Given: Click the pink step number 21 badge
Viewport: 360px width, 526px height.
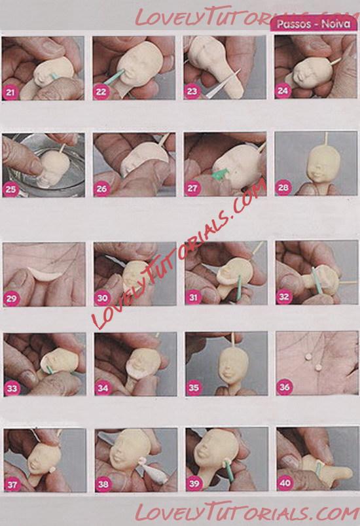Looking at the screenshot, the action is (x=10, y=92).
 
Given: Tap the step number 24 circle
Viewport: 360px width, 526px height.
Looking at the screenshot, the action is (x=283, y=90).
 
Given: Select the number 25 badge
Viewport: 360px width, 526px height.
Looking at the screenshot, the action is (x=10, y=189).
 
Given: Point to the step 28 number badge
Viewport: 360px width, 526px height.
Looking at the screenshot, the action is (x=283, y=188).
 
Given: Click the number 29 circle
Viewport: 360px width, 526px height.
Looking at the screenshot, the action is (x=11, y=298).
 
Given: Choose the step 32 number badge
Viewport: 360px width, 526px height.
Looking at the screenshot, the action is (x=284, y=296).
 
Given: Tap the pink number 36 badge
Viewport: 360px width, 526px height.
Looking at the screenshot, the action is (x=284, y=387).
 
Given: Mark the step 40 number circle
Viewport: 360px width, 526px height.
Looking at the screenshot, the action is (x=285, y=483).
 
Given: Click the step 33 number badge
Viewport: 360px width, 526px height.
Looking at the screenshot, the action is (x=12, y=389).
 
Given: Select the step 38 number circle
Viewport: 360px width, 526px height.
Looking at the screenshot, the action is (x=103, y=484).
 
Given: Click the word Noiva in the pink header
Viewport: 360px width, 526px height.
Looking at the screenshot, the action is (x=336, y=24).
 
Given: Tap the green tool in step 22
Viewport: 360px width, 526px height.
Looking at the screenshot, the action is (x=114, y=77).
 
